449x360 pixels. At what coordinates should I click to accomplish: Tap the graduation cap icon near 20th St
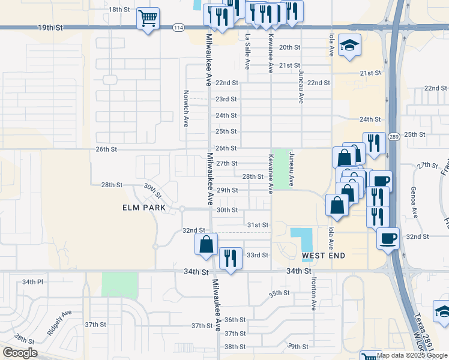click(x=349, y=46)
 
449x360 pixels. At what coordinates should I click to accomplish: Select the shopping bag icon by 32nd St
click(x=206, y=244)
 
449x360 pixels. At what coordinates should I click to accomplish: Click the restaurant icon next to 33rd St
click(x=231, y=258)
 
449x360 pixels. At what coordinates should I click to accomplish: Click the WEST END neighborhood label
click(x=324, y=256)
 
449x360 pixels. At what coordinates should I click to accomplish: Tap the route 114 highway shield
click(x=178, y=28)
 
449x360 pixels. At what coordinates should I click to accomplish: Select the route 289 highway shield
click(x=393, y=137)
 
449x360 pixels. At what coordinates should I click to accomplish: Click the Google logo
click(x=20, y=353)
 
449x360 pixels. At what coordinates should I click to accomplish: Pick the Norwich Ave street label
click(x=186, y=109)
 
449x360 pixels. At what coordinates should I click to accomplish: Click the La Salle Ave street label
click(x=247, y=52)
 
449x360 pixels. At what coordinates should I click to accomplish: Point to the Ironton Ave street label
click(x=313, y=292)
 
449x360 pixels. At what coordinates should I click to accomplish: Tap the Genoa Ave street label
click(x=414, y=202)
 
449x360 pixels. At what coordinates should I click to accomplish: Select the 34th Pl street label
click(x=33, y=281)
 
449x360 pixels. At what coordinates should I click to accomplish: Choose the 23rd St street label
click(x=226, y=99)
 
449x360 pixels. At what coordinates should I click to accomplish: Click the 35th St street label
click(x=279, y=293)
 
